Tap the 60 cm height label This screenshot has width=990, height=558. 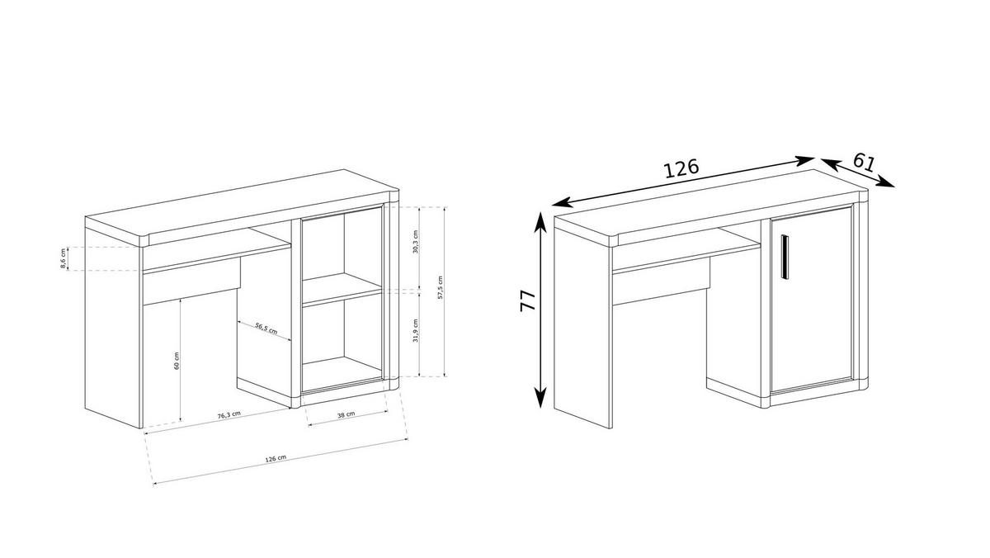[177, 361]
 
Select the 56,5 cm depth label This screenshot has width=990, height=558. [266, 331]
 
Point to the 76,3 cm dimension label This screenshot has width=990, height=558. [229, 414]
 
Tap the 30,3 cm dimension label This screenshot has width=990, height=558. [416, 242]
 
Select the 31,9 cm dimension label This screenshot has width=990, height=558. [416, 332]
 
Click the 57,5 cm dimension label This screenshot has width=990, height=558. [441, 288]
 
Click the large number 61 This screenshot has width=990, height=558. [864, 162]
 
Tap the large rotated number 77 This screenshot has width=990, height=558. [528, 300]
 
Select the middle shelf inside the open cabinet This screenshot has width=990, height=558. [342, 291]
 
